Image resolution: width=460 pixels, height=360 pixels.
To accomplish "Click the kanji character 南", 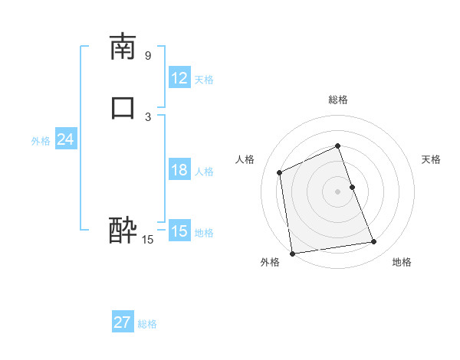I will click(123, 47).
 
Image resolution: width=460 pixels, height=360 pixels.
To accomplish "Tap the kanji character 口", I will click(123, 107).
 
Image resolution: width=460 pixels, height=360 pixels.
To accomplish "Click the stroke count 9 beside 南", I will click(148, 55).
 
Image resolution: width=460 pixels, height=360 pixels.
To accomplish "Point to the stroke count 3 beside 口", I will click(148, 116).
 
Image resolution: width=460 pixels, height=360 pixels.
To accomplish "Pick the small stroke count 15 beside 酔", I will click(148, 240).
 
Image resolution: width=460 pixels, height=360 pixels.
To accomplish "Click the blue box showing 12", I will click(179, 78).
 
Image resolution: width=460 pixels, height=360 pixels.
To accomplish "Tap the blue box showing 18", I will click(179, 170).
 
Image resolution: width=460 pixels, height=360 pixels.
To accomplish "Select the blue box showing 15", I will click(179, 231).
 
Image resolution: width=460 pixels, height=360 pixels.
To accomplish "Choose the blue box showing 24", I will click(65, 139).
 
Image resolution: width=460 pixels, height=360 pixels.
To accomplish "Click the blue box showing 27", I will click(123, 322).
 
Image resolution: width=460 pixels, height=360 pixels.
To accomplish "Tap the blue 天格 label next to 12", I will click(204, 80).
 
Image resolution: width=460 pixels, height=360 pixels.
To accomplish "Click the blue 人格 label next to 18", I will click(204, 172).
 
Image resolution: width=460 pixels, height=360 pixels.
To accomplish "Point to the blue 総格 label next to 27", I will click(147, 324).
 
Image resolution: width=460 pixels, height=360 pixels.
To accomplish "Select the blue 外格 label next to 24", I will click(41, 141).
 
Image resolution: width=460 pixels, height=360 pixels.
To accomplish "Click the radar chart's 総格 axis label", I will click(338, 100).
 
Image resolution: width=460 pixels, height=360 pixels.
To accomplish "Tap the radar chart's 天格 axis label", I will click(432, 159).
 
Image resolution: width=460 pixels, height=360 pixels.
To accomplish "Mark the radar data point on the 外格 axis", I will click(292, 253).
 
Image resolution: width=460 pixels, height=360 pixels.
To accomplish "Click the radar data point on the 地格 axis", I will click(374, 242).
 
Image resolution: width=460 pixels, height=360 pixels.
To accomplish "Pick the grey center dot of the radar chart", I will click(338, 191).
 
